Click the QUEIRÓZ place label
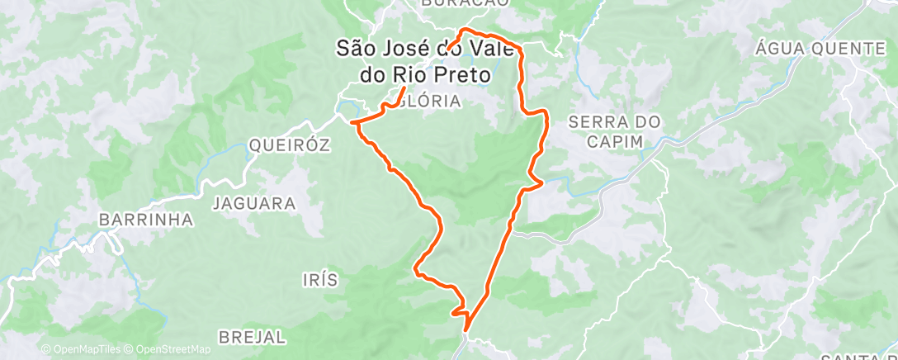point(289,145)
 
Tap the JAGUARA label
point(254,202)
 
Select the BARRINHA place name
point(145,220)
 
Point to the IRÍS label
point(319,280)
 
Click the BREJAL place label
point(253,337)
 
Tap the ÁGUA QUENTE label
point(820,49)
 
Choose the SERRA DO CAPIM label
point(616,131)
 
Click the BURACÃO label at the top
point(465,3)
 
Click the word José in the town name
point(409,49)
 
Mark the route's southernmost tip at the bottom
point(466,330)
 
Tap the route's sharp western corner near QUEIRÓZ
point(352,123)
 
